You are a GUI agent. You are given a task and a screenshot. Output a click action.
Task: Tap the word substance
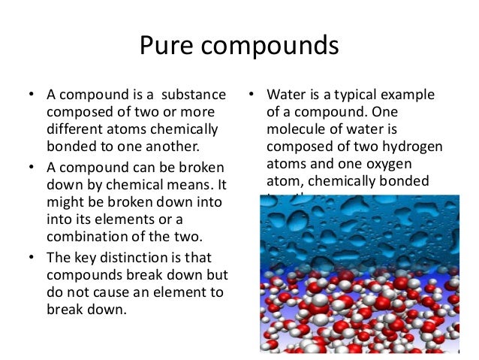click(192, 95)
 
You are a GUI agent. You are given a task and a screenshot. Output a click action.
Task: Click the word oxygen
click(390, 163)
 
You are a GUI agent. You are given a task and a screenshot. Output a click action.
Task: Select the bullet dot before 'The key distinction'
click(31, 256)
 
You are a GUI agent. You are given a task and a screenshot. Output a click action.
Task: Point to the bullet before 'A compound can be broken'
click(31, 165)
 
